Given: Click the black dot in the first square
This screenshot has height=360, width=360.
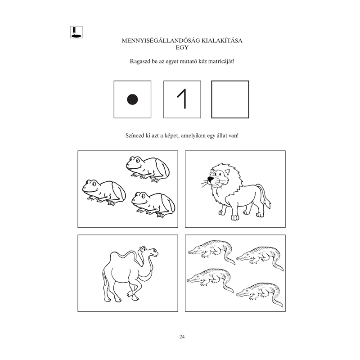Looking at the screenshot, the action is pyautogui.click(x=132, y=99).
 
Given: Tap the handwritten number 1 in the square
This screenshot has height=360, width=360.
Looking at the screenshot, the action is pyautogui.click(x=182, y=99).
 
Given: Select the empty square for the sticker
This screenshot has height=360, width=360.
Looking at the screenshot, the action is pyautogui.click(x=230, y=99).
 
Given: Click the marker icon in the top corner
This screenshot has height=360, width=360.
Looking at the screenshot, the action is pyautogui.click(x=76, y=32).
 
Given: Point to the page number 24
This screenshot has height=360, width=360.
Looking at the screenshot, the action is pyautogui.click(x=182, y=337).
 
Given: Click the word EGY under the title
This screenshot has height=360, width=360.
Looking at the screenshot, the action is pyautogui.click(x=182, y=48).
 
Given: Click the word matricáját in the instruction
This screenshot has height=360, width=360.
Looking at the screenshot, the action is pyautogui.click(x=221, y=62).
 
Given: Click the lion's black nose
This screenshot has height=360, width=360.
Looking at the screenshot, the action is pyautogui.click(x=210, y=179).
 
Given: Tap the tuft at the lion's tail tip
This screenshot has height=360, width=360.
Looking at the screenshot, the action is pyautogui.click(x=267, y=204).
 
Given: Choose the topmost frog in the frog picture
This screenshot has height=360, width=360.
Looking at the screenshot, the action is pyautogui.click(x=148, y=169).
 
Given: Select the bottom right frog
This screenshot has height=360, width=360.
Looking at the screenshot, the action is pyautogui.click(x=153, y=205).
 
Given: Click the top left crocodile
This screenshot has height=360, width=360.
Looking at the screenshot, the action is pyautogui.click(x=211, y=252).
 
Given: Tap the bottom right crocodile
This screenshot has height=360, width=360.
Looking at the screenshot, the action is pyautogui.click(x=260, y=294).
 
